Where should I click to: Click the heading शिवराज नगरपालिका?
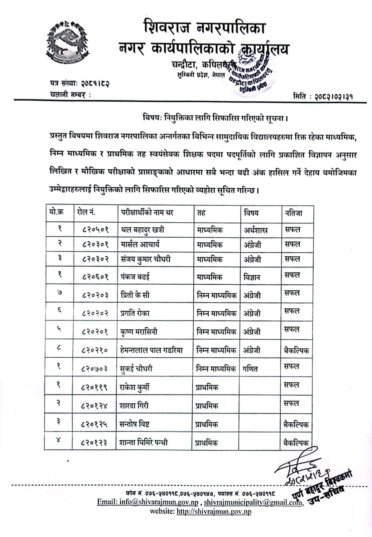click(x=204, y=28)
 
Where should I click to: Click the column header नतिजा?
click(x=294, y=213)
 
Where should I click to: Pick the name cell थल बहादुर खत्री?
click(x=143, y=229)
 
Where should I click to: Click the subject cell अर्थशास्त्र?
click(x=256, y=230)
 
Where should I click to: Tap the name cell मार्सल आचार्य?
click(x=140, y=245)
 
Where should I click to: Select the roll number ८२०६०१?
click(x=95, y=277)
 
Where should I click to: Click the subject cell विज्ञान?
click(x=252, y=277)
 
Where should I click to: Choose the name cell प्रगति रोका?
click(x=135, y=313)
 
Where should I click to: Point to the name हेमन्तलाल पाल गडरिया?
click(x=151, y=350)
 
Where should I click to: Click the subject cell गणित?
click(x=250, y=368)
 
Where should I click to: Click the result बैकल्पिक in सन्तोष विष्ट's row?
click(x=296, y=424)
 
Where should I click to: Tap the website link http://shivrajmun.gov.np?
click(x=214, y=511)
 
